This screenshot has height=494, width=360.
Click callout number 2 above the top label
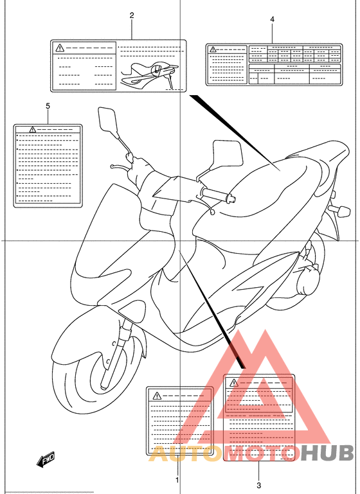132,15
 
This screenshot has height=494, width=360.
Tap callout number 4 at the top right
272,20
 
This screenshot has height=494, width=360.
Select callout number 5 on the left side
48,105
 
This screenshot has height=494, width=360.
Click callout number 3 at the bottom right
259,485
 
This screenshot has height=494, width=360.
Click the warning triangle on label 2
60,48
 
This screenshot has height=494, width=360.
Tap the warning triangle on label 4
213,49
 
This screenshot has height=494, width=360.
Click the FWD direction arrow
46,459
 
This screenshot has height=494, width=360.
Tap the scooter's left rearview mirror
107,120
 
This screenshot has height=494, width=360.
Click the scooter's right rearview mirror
227,154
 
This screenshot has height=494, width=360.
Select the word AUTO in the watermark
179,454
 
